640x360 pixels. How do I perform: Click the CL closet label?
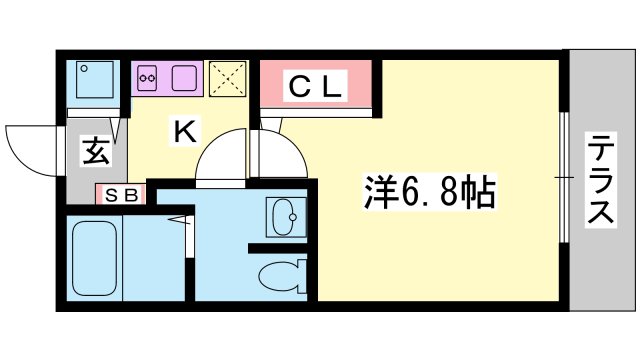tap(316, 86)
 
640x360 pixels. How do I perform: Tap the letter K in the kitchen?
tap(185, 131)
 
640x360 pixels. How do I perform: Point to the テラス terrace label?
tap(599, 180)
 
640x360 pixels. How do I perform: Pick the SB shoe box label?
tap(119, 195)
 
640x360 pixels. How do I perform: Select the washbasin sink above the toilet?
tap(284, 215)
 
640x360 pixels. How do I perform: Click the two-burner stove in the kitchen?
tap(148, 75)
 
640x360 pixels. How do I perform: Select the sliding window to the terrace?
tap(565, 177)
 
